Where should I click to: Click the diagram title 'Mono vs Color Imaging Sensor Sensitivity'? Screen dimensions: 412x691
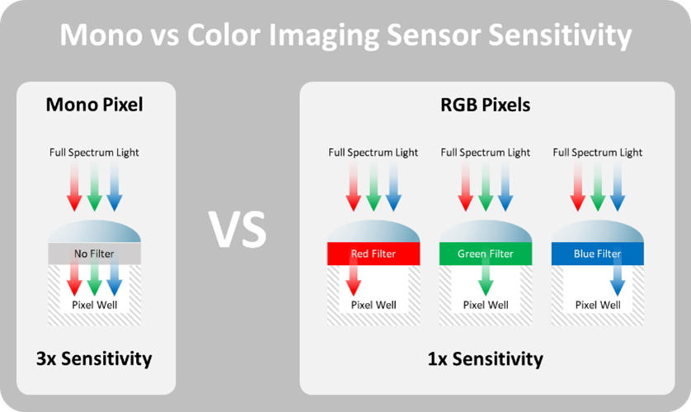pyautogui.click(x=345, y=36)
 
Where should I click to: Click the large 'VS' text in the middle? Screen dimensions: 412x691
pyautogui.click(x=237, y=230)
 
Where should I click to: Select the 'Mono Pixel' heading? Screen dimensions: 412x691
pyautogui.click(x=94, y=105)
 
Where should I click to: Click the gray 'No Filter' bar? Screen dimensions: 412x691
pyautogui.click(x=94, y=254)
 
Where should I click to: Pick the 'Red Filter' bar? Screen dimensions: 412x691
pyautogui.click(x=374, y=254)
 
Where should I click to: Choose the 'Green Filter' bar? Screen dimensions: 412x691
pyautogui.click(x=486, y=254)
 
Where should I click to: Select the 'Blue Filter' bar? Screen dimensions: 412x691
pyautogui.click(x=598, y=254)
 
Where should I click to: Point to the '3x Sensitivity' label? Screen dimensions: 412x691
pyautogui.click(x=94, y=358)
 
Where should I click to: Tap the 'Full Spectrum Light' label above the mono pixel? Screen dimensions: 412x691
pyautogui.click(x=94, y=152)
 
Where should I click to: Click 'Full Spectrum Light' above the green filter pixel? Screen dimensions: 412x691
pyautogui.click(x=486, y=152)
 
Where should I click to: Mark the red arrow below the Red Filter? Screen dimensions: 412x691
pyautogui.click(x=354, y=279)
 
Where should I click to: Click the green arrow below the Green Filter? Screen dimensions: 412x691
pyautogui.click(x=486, y=279)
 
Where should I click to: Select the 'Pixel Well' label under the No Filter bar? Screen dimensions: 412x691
pyautogui.click(x=94, y=305)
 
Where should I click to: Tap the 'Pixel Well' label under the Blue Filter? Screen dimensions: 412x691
pyautogui.click(x=598, y=305)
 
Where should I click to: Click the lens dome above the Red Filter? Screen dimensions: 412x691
pyautogui.click(x=374, y=232)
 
